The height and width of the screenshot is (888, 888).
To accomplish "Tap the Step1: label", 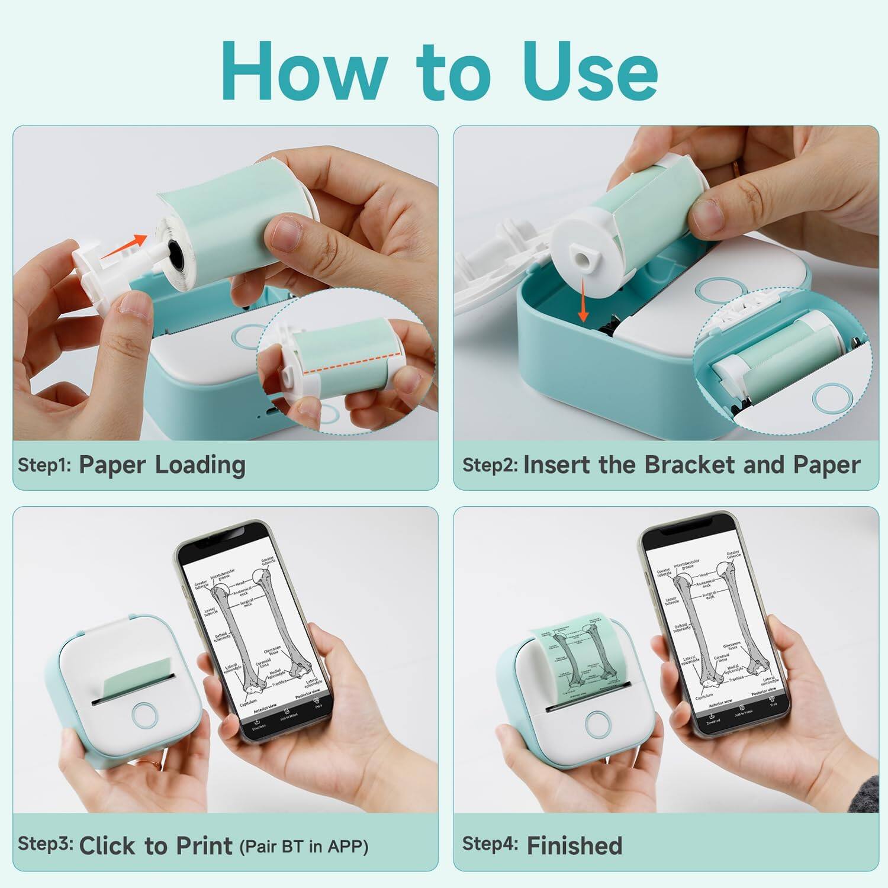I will point(44,465).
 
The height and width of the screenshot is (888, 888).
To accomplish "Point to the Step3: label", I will point(45,844).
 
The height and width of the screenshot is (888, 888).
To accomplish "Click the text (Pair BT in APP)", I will point(304,847).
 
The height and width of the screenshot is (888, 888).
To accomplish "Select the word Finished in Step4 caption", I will point(574,845).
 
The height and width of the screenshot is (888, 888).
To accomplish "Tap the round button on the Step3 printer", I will point(144,715).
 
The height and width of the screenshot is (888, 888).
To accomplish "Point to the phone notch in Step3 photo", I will point(229,533).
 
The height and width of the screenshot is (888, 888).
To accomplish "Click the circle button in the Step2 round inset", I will point(831,398).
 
